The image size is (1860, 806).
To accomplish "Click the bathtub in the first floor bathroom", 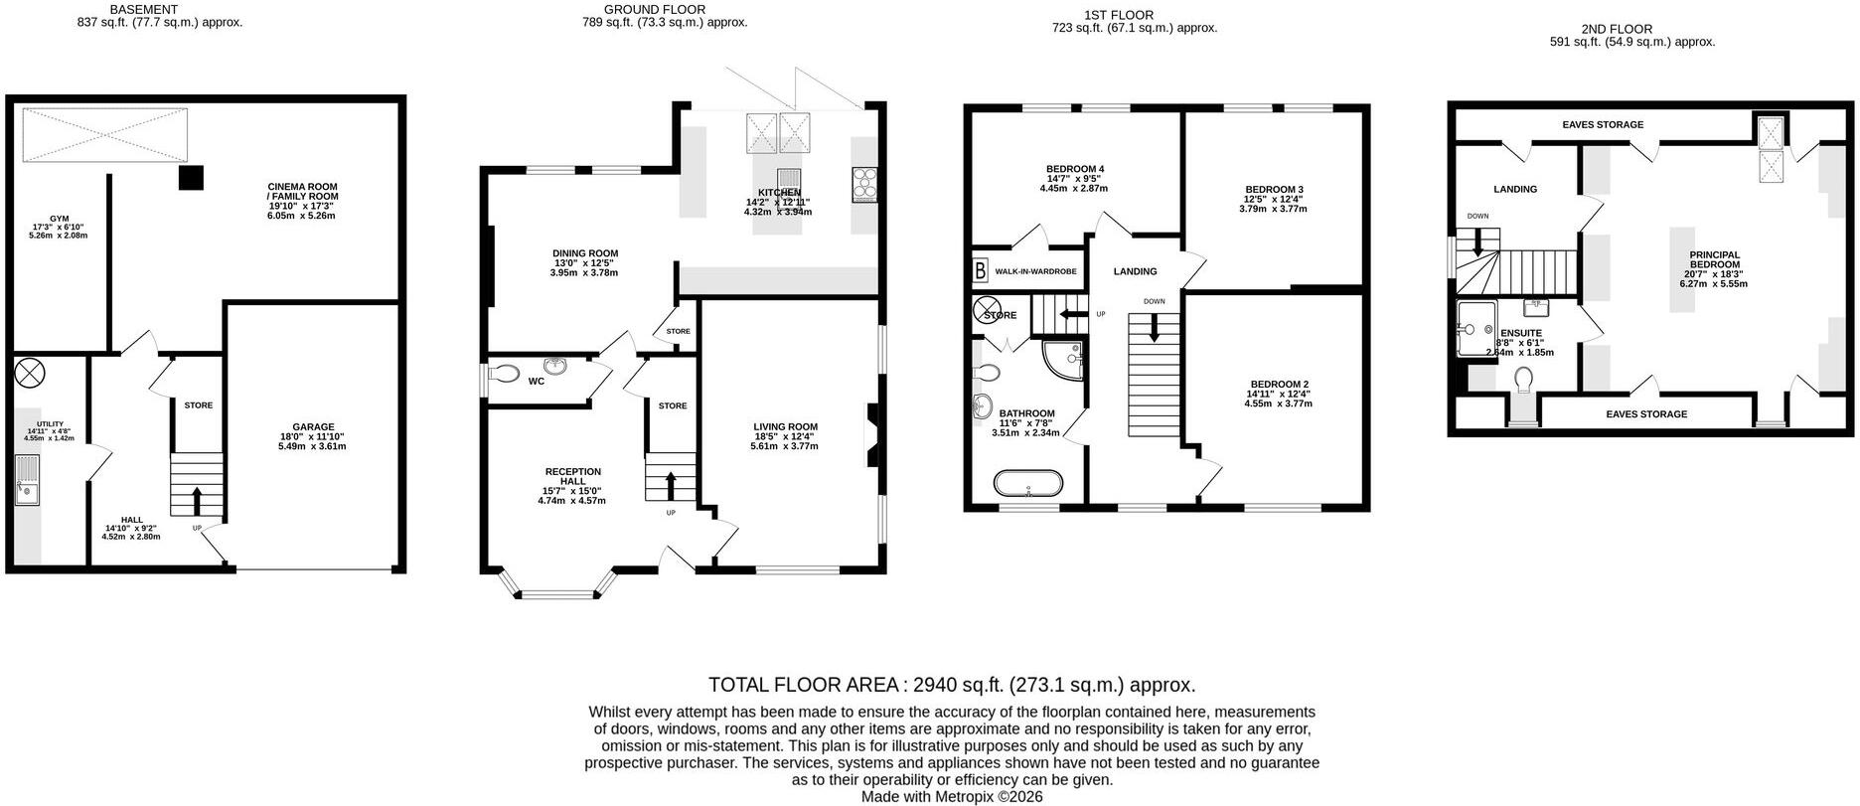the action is click(1028, 484).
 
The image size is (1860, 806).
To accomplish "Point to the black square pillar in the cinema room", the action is click(191, 178).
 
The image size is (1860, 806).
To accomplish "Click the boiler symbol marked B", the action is click(981, 270).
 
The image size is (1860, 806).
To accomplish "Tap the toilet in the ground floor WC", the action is click(504, 375).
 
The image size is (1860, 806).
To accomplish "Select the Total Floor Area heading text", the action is click(951, 685).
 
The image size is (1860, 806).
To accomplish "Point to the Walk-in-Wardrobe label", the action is click(1036, 271).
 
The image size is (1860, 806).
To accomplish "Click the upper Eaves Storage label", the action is click(1603, 125).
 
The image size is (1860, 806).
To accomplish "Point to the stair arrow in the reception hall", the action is click(670, 485).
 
